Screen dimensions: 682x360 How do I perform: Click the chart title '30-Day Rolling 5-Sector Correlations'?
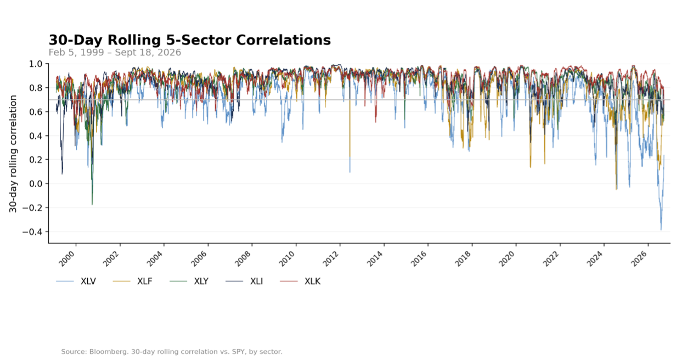[x=190, y=40]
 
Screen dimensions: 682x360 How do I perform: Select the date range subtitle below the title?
[x=115, y=53]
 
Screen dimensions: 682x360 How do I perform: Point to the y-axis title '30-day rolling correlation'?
[x=13, y=154]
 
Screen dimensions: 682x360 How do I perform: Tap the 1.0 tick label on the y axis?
[x=36, y=64]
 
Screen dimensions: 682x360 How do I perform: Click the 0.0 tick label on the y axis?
[x=36, y=184]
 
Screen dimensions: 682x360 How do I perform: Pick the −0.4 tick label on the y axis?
[x=32, y=232]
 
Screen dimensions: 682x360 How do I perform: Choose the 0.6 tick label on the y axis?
[x=36, y=112]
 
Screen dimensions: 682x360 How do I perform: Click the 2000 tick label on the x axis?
[x=66, y=259]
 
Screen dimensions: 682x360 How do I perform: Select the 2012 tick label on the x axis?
[x=330, y=259]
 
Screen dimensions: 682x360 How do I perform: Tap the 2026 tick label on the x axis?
[x=639, y=259]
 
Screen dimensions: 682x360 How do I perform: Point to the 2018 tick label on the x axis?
[x=463, y=259]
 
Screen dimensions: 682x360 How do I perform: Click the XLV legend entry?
[x=76, y=282]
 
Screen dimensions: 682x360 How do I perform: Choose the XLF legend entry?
[x=132, y=282]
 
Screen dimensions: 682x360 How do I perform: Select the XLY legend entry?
[x=189, y=282]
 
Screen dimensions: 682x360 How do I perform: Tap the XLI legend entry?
[x=244, y=282]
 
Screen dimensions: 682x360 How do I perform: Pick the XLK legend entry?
[x=300, y=282]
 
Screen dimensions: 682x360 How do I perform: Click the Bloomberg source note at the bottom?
[x=172, y=352]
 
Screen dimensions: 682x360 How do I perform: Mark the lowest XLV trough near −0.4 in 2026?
[x=661, y=229]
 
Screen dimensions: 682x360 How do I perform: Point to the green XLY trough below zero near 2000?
[x=92, y=204]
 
